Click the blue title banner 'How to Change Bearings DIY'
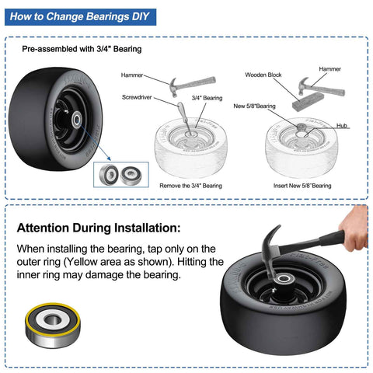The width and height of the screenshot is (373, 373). tap(80, 17)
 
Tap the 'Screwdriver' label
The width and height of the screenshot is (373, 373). tap(137, 97)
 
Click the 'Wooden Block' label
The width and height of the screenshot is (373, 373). tap(263, 75)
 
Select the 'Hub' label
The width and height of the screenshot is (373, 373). tap(342, 126)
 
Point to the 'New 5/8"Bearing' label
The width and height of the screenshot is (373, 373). tap(254, 106)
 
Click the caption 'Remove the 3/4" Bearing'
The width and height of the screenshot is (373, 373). tap(190, 186)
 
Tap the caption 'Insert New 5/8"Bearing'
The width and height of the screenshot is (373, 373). tap(302, 186)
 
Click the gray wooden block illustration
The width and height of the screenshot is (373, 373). tap(308, 102)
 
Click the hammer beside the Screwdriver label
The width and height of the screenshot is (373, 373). tap(191, 85)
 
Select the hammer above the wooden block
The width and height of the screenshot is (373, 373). tap(320, 87)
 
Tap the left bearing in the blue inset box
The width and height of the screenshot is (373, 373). tap(109, 175)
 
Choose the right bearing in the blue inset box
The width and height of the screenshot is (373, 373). tap(131, 175)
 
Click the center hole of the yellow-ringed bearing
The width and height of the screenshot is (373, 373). tap(53, 319)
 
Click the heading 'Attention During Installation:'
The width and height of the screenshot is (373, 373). tap(99, 228)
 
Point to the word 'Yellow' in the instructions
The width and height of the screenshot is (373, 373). tap(81, 262)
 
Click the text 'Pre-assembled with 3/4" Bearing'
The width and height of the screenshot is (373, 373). tap(82, 49)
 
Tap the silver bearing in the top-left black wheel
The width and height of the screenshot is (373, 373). tap(77, 120)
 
